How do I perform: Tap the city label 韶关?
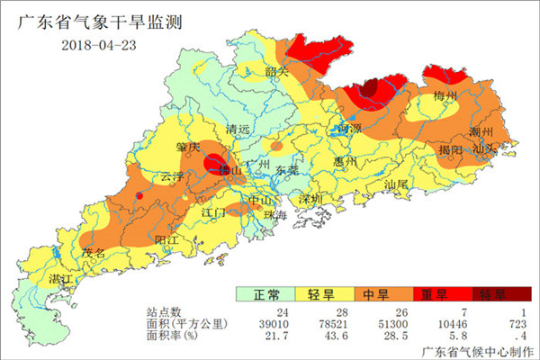tap(276, 71)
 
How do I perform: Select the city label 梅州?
tap(445, 95)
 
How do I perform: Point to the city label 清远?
tap(238, 129)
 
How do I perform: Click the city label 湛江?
tap(59, 280)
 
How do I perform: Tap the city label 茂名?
tap(94, 254)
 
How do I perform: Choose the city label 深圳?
tap(310, 198)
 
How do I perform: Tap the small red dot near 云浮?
tap(139, 194)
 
